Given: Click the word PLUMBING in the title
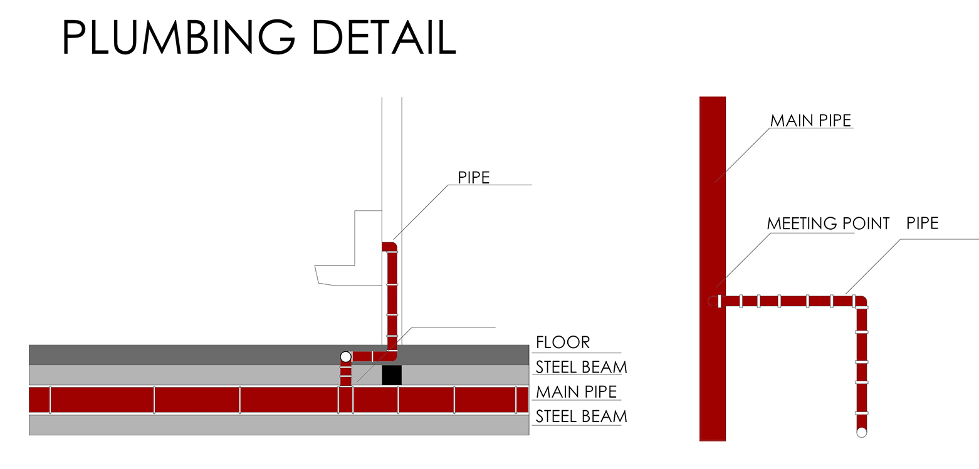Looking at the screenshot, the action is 179,37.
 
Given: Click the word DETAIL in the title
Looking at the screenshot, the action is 384,37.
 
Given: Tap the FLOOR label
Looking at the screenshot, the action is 563,342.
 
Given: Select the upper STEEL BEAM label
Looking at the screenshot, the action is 581,367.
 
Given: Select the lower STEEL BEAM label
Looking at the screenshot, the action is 581,416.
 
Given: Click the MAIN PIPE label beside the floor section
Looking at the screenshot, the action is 577,392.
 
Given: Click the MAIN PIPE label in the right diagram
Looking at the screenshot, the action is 811,120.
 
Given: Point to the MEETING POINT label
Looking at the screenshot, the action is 828,224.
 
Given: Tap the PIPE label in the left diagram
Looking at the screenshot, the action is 474,178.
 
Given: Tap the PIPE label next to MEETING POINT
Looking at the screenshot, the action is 922,223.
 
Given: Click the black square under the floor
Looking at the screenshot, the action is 392,375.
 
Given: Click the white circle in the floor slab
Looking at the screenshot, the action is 346,357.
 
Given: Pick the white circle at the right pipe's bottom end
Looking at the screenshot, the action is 861,432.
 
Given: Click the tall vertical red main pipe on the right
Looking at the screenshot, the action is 713,269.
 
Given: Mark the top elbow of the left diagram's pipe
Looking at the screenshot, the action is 390,247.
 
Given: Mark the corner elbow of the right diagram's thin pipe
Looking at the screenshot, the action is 860,301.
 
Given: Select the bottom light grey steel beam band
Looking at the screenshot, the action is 279,425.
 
